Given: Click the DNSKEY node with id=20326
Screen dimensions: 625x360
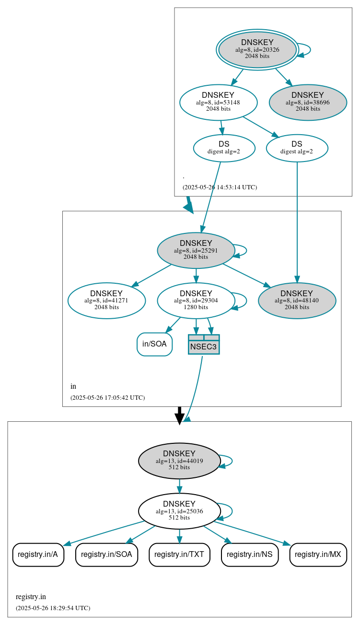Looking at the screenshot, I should (x=257, y=49).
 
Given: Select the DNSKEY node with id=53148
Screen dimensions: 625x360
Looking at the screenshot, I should (x=218, y=102).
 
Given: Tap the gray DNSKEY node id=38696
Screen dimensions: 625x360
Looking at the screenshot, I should (x=308, y=102).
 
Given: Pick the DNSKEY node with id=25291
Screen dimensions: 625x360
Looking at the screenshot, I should (x=196, y=250).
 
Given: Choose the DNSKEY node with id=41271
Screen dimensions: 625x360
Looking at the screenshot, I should (x=106, y=301).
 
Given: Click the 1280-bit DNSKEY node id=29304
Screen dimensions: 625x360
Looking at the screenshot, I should (x=196, y=301).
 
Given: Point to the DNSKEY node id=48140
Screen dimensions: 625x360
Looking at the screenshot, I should (x=297, y=301).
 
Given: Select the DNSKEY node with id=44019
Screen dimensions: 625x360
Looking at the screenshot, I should (x=179, y=461).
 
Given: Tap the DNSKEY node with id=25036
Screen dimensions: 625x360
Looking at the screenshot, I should (x=179, y=511).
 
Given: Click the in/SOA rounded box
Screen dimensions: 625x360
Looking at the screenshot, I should (x=154, y=344).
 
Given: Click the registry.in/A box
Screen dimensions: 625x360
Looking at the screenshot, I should (x=38, y=555).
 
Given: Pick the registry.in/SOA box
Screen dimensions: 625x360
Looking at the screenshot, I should (x=106, y=555).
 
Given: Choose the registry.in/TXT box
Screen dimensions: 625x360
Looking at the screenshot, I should (x=179, y=555).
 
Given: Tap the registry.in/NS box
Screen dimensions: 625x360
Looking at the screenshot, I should (x=249, y=555).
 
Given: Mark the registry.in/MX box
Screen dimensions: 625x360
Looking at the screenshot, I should (x=318, y=555).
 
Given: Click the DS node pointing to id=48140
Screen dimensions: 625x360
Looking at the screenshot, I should (x=297, y=148).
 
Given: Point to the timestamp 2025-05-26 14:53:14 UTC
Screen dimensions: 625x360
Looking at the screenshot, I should (x=220, y=187).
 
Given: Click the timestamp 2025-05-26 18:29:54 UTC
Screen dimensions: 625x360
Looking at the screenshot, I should (x=53, y=608).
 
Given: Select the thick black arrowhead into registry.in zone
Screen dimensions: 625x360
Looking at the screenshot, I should (x=179, y=418).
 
